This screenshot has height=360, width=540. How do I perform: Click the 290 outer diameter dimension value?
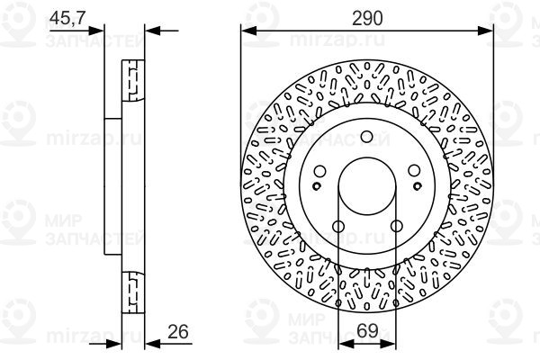[368, 18]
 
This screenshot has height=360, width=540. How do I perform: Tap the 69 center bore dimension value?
[367, 331]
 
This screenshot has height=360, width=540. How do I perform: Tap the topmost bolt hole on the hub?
[367, 137]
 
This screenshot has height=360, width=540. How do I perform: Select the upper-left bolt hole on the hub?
[319, 172]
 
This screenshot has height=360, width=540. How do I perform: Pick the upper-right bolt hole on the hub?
[416, 172]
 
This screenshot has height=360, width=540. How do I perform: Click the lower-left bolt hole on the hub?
[337, 228]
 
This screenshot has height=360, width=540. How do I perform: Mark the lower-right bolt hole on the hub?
[397, 228]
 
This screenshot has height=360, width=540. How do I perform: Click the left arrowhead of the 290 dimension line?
[247, 30]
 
